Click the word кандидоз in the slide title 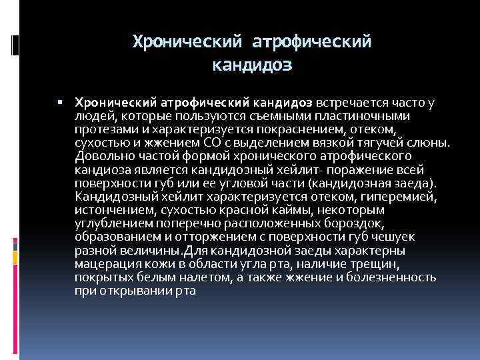[x=252, y=66]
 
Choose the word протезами [x=101, y=128]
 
